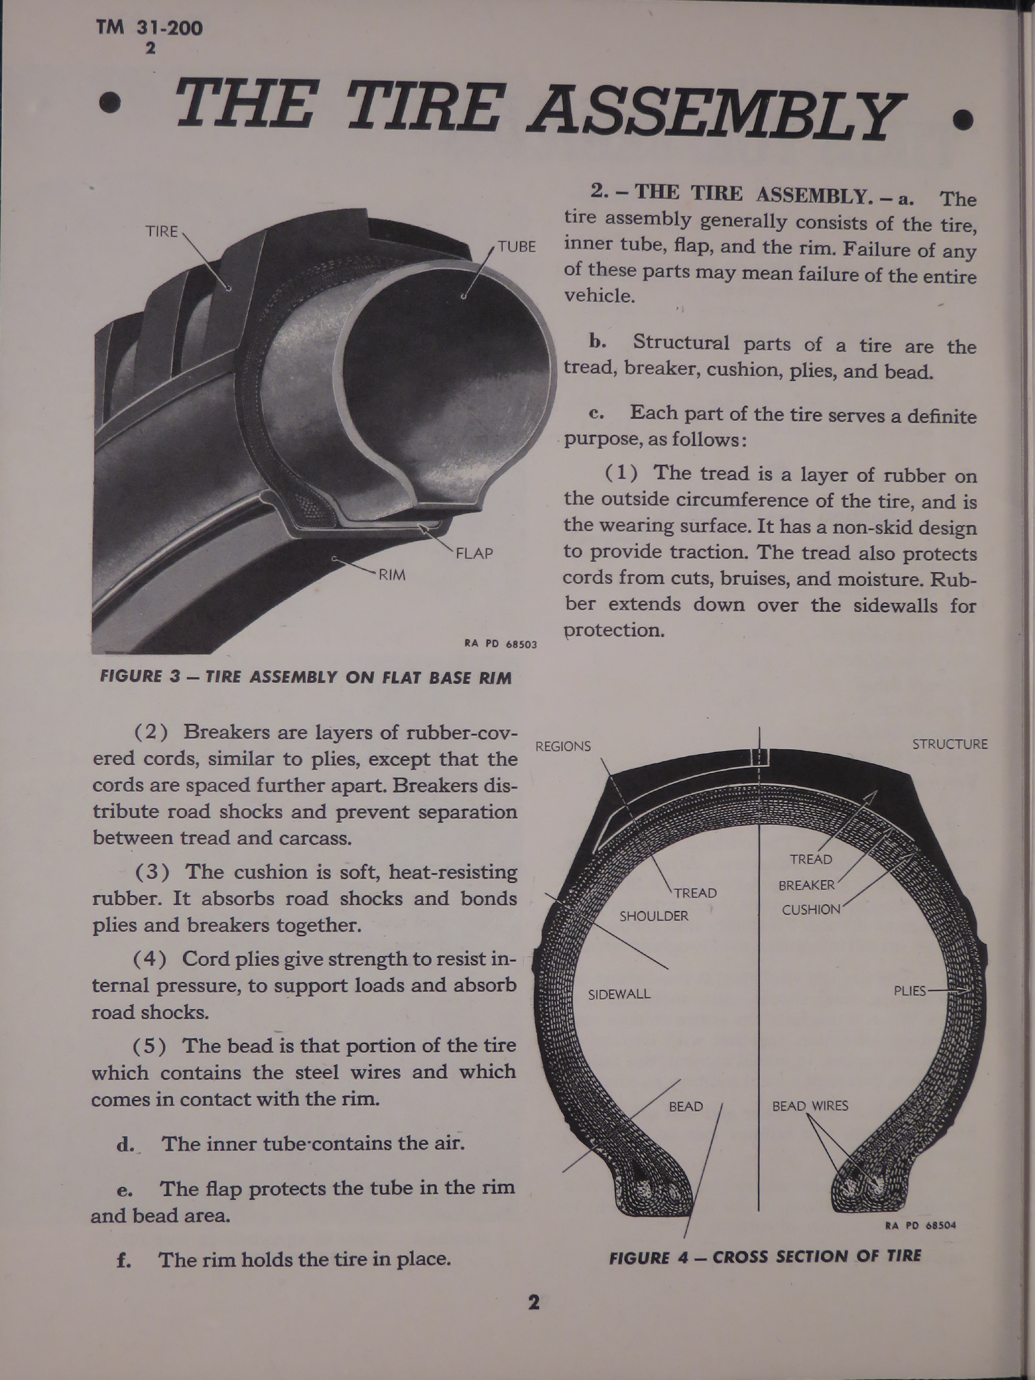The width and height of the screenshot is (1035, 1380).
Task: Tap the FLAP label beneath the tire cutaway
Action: (x=475, y=553)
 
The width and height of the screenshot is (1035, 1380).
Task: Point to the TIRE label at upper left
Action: (x=162, y=231)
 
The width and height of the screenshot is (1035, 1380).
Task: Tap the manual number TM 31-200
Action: (x=149, y=28)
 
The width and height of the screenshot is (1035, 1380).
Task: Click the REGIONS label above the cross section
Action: (x=563, y=746)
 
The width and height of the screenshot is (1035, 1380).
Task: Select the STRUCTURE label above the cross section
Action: (x=950, y=744)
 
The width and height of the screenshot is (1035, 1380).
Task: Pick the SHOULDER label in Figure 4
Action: (x=654, y=916)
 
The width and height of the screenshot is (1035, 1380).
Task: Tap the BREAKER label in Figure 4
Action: (x=806, y=885)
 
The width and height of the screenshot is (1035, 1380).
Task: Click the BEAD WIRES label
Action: (x=810, y=1105)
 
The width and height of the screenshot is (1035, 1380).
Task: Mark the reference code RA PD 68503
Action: (x=501, y=644)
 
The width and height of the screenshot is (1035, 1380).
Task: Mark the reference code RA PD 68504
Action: (x=920, y=1225)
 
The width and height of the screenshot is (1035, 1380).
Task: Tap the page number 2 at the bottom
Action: (x=534, y=1302)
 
